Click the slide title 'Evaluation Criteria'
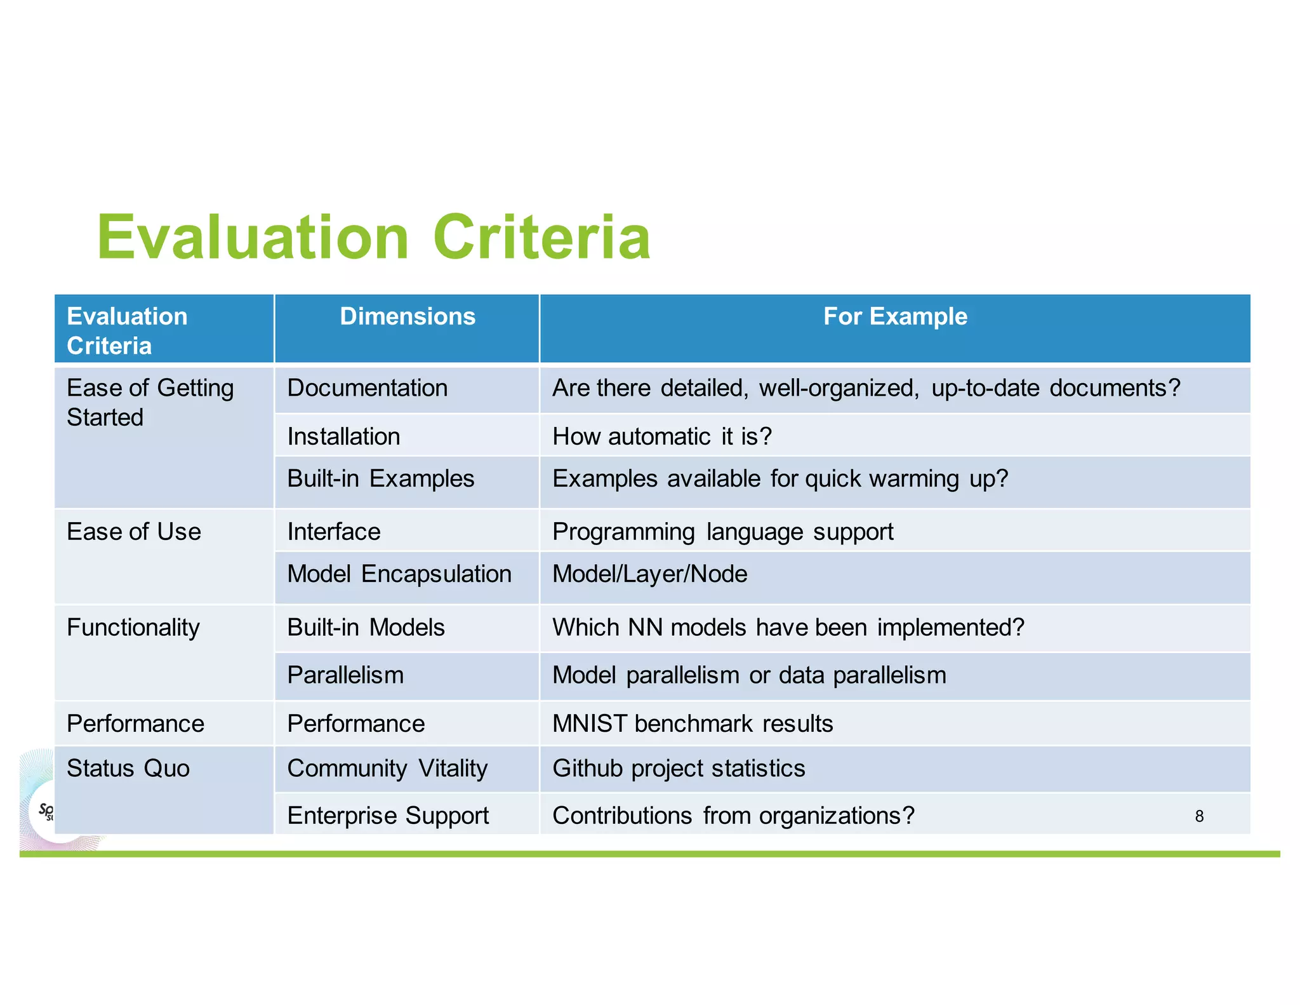click(x=373, y=238)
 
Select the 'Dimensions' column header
click(x=408, y=316)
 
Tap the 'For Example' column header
click(x=895, y=316)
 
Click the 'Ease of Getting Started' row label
click(x=150, y=402)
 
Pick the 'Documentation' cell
click(x=368, y=388)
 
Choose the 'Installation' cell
click(x=343, y=436)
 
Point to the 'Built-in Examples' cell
click(x=380, y=478)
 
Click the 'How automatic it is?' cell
click(x=662, y=436)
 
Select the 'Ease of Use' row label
click(x=134, y=532)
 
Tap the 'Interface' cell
click(x=334, y=532)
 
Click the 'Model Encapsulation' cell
click(x=399, y=574)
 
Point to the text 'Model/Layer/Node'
click(x=650, y=574)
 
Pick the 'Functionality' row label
click(x=133, y=628)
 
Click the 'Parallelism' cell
click(x=345, y=675)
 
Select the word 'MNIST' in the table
click(x=590, y=724)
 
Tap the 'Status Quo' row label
click(x=128, y=769)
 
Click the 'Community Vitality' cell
click(x=387, y=769)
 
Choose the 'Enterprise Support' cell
click(x=388, y=816)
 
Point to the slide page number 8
click(x=1199, y=816)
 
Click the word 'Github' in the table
click(x=588, y=769)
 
